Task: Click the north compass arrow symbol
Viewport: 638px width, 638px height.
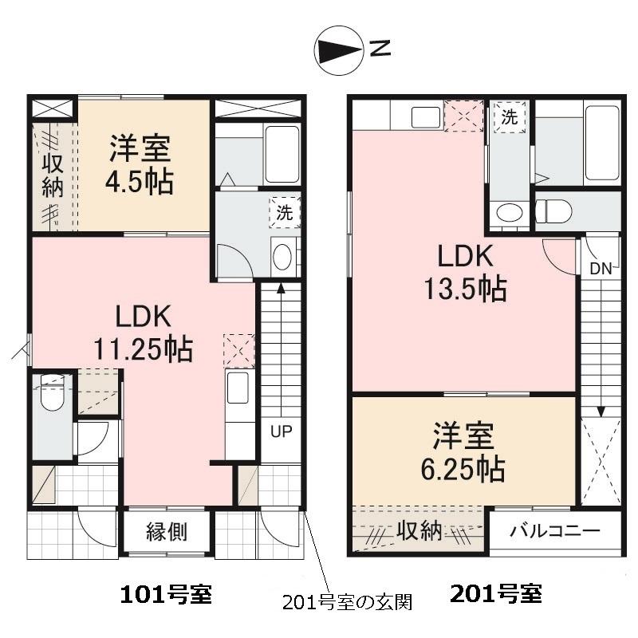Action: point(340,50)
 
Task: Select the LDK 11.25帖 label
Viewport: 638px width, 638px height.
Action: point(144,333)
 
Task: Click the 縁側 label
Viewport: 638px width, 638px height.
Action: point(167,531)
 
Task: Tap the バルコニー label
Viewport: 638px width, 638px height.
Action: point(554,530)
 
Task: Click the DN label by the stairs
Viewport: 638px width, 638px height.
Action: point(601,269)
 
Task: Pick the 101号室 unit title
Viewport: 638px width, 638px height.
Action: point(165,594)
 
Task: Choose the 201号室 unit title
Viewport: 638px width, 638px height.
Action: point(495,594)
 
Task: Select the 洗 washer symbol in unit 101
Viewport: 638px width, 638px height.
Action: point(285,212)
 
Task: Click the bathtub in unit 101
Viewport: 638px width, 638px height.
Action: point(282,154)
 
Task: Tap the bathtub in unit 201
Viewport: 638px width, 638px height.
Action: point(602,142)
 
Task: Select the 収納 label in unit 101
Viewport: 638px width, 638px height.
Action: point(53,176)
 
